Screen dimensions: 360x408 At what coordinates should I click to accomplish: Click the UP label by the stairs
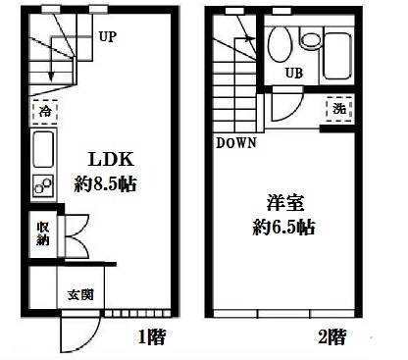[107, 39]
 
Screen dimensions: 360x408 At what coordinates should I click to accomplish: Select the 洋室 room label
[285, 204]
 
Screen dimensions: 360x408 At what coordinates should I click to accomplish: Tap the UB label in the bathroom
[292, 73]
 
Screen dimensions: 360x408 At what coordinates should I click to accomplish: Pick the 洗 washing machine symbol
[336, 110]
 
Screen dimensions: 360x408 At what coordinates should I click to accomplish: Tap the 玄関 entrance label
[79, 293]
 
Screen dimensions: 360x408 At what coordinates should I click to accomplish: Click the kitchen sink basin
[44, 151]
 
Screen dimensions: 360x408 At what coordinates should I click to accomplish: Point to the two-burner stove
[44, 182]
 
